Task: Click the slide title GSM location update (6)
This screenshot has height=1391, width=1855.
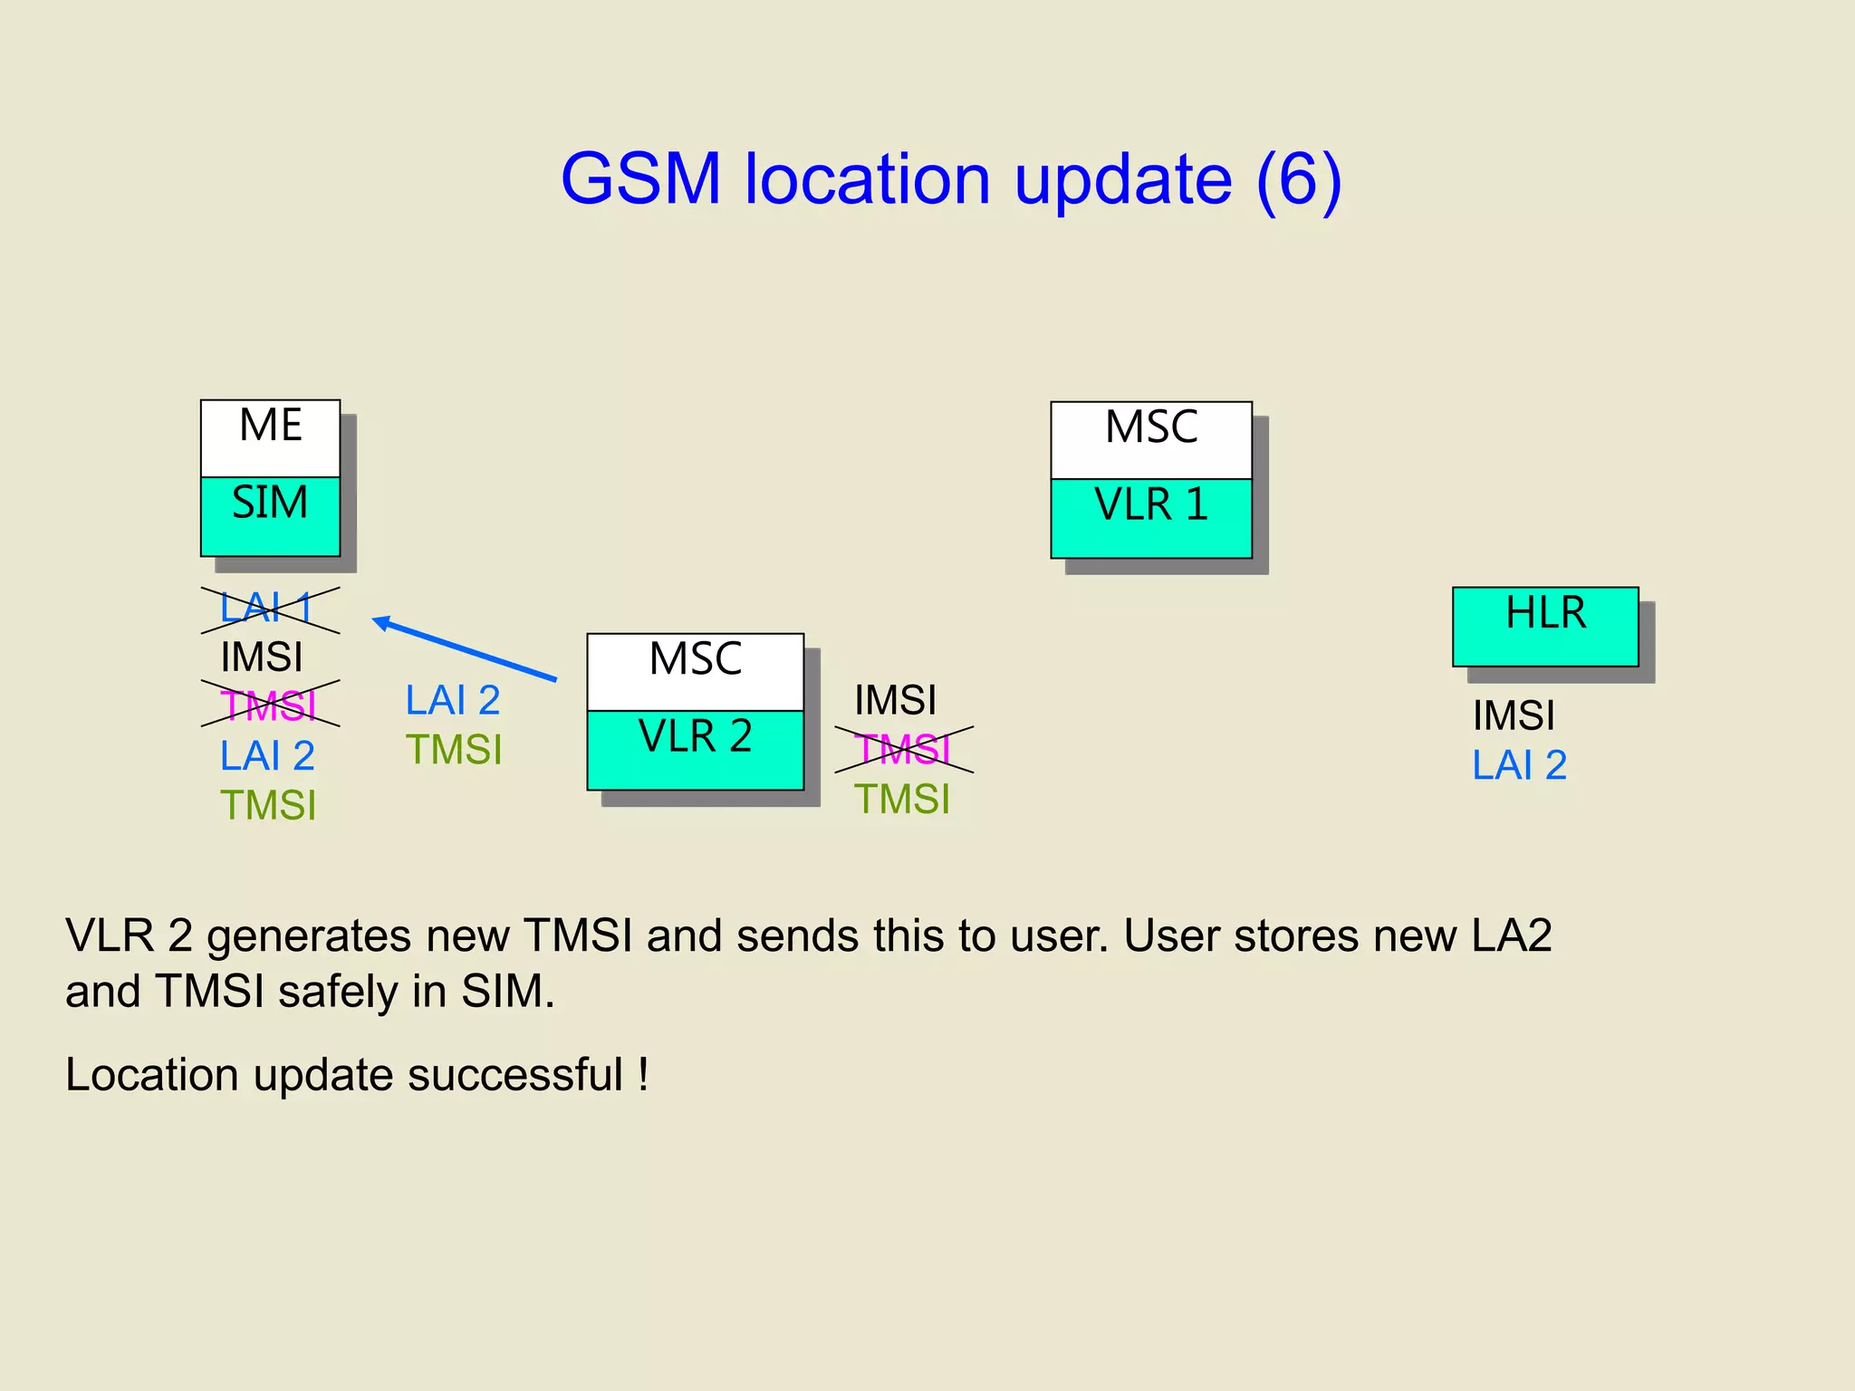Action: pos(950,178)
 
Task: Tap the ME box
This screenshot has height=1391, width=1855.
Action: pos(270,437)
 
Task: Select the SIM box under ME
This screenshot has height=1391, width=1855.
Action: pos(270,516)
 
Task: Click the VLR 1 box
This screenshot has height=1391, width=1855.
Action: pos(1151,518)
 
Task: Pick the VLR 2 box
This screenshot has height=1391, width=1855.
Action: pos(695,750)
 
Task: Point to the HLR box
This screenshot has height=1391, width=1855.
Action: pos(1545,626)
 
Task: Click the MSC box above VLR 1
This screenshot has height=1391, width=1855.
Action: pos(1151,439)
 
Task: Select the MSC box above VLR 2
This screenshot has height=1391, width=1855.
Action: pos(695,671)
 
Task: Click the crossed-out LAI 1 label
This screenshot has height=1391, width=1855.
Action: pos(268,609)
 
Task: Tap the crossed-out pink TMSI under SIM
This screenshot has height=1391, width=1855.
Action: pos(269,705)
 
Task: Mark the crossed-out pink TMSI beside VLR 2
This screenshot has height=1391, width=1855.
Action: pos(903,750)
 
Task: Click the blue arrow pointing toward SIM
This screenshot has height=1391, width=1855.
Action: pos(464,648)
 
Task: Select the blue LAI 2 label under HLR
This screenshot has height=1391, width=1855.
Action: pos(1519,765)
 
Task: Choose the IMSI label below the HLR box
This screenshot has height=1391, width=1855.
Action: pos(1514,715)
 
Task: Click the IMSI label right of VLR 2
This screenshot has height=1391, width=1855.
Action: pos(895,700)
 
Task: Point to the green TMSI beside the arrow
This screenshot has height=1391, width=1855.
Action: pos(453,750)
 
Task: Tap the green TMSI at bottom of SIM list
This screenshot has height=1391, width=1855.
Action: pos(268,805)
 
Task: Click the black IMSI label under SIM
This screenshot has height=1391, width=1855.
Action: pos(261,657)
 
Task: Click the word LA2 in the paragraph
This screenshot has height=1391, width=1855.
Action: pos(1511,935)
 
